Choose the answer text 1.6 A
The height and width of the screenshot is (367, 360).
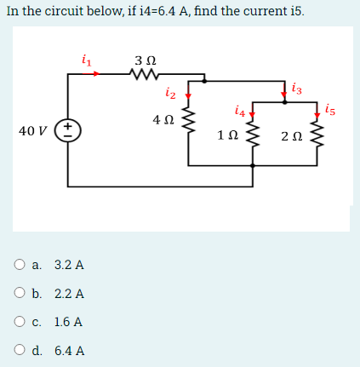[x=68, y=323]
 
